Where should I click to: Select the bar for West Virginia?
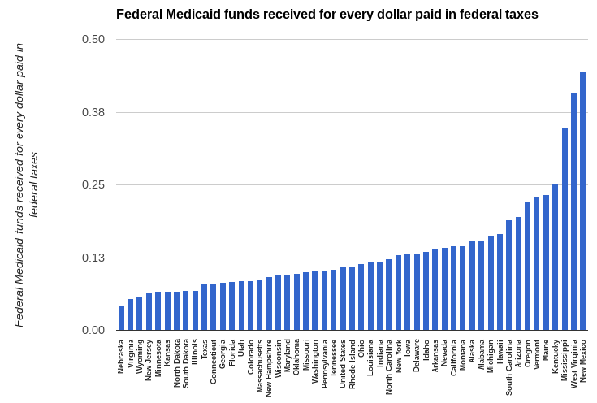pos(573,211)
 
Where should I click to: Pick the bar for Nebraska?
pos(121,318)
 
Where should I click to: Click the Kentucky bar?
pos(555,257)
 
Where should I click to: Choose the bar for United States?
pos(343,298)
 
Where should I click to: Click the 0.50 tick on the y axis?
pos(93,39)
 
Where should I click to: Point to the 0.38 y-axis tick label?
pos(93,112)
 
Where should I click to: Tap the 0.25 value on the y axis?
pos(93,184)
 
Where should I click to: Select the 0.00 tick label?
pos(93,330)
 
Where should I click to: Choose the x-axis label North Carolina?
pos(389,367)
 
